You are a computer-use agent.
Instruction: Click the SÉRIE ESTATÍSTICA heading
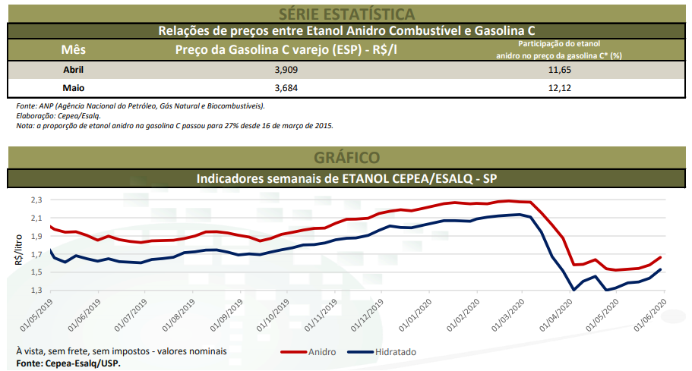coord(346,13)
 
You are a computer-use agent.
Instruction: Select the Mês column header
coord(74,49)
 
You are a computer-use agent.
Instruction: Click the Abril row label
coord(74,70)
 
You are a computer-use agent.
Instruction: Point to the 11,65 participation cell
coord(558,70)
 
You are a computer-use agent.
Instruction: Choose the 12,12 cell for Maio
coord(558,88)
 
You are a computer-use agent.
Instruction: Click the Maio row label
coord(74,88)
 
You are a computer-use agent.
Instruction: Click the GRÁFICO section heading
coord(346,158)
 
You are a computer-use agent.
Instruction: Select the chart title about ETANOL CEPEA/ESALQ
coord(346,178)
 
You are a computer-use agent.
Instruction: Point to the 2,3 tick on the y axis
coord(36,200)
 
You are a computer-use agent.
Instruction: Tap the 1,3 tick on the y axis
coord(36,291)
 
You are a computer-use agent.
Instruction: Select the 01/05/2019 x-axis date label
coord(34,316)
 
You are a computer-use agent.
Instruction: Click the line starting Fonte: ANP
coord(141,105)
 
